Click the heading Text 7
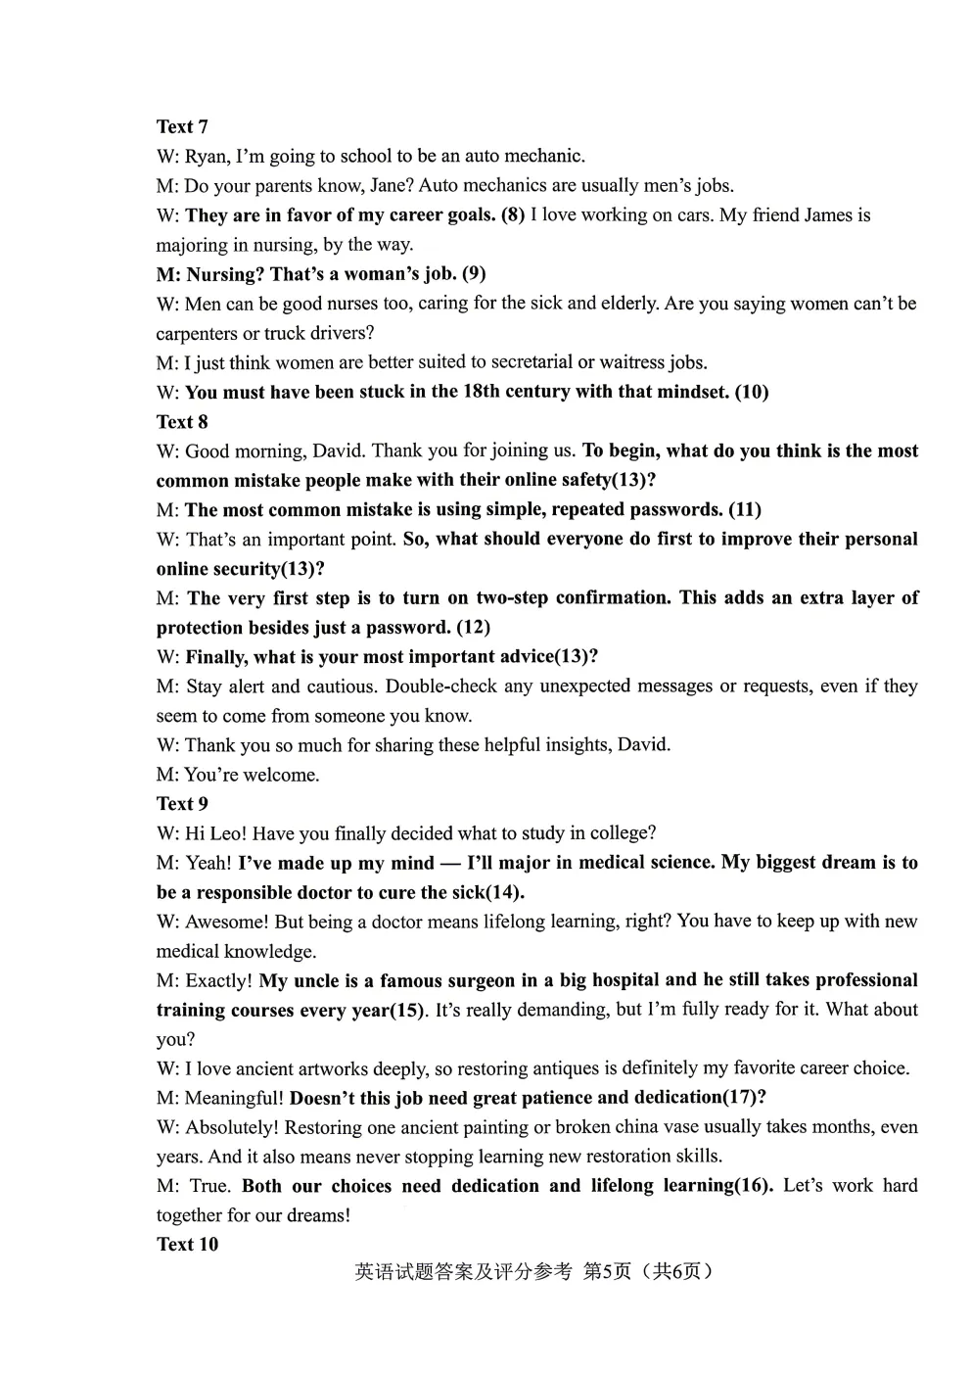tap(182, 126)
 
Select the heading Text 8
tap(182, 422)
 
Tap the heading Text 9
tap(182, 804)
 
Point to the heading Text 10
tap(187, 1245)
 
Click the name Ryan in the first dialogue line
tap(206, 156)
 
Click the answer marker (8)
tap(513, 214)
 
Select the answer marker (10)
tap(751, 392)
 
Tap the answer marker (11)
tap(745, 509)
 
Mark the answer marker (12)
tap(473, 627)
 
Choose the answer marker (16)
tap(753, 1185)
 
